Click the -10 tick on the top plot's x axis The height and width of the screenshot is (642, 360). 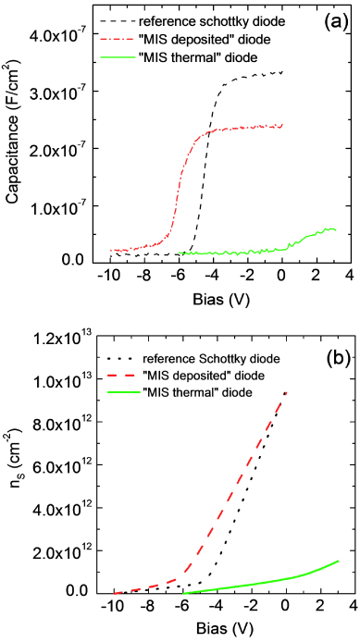tap(108, 277)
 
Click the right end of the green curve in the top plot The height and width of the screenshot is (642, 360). tap(337, 230)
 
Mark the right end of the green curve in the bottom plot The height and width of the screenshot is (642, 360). tap(339, 561)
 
